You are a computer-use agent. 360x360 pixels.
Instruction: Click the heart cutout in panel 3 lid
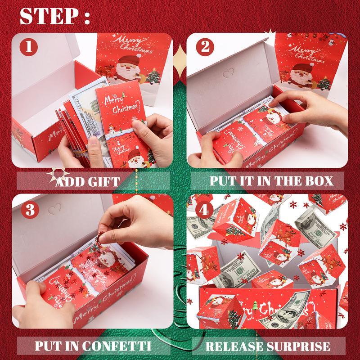tap(55, 208)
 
